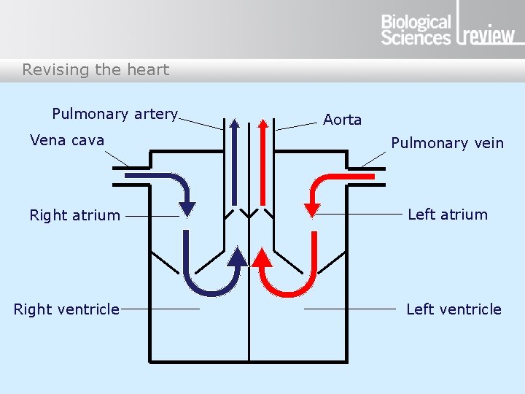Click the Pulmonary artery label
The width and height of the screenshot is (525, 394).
click(114, 114)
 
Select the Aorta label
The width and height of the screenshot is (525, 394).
click(342, 120)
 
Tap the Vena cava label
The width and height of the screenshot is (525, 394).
click(67, 140)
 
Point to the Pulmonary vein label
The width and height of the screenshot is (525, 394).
click(447, 143)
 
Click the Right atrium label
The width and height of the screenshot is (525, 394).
click(74, 215)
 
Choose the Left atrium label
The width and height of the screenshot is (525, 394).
click(447, 215)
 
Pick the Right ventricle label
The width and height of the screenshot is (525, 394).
click(66, 309)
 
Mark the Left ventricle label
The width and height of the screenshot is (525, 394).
click(454, 309)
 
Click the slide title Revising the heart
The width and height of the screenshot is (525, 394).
click(96, 70)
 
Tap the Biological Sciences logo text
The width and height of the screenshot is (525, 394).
click(416, 30)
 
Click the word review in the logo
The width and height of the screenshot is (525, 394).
click(489, 35)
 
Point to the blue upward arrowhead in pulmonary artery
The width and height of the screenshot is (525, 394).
click(234, 122)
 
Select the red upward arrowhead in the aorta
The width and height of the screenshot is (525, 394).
click(264, 122)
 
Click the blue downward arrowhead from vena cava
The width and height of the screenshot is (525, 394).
click(187, 208)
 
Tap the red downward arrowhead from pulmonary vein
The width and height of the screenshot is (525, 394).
click(312, 209)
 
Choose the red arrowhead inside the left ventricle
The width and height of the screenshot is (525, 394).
click(262, 256)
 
